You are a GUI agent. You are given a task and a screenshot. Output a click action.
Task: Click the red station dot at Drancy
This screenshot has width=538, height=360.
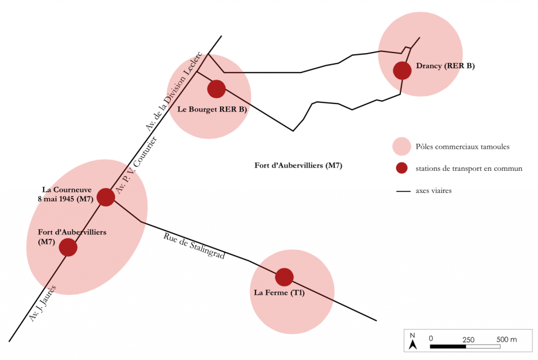click(402, 70)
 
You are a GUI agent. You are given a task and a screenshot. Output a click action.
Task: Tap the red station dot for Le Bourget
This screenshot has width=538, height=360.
click(216, 89)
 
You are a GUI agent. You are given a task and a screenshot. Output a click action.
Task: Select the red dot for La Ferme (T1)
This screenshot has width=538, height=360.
click(284, 277)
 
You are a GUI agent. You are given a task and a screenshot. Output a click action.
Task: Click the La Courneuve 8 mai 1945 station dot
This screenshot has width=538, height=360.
click(106, 197)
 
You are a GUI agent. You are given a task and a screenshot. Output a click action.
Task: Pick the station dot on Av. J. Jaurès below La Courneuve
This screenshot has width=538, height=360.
click(68, 247)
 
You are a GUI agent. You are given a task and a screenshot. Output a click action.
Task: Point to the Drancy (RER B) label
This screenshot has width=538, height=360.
click(445, 66)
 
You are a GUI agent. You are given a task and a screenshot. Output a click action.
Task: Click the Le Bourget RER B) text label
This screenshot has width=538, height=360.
click(212, 110)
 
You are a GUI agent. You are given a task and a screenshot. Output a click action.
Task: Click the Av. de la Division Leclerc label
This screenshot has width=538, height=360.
click(173, 92)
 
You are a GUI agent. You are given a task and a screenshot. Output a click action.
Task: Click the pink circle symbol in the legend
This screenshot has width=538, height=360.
click(401, 147)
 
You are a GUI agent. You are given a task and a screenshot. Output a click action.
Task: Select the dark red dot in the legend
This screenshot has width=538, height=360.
click(401, 169)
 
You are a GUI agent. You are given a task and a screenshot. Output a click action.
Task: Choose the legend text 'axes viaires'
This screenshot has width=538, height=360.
click(433, 191)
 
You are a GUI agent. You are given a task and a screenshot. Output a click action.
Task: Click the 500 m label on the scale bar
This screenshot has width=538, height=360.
click(506, 340)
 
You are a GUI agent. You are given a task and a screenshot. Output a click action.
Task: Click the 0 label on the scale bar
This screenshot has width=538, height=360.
click(431, 340)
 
